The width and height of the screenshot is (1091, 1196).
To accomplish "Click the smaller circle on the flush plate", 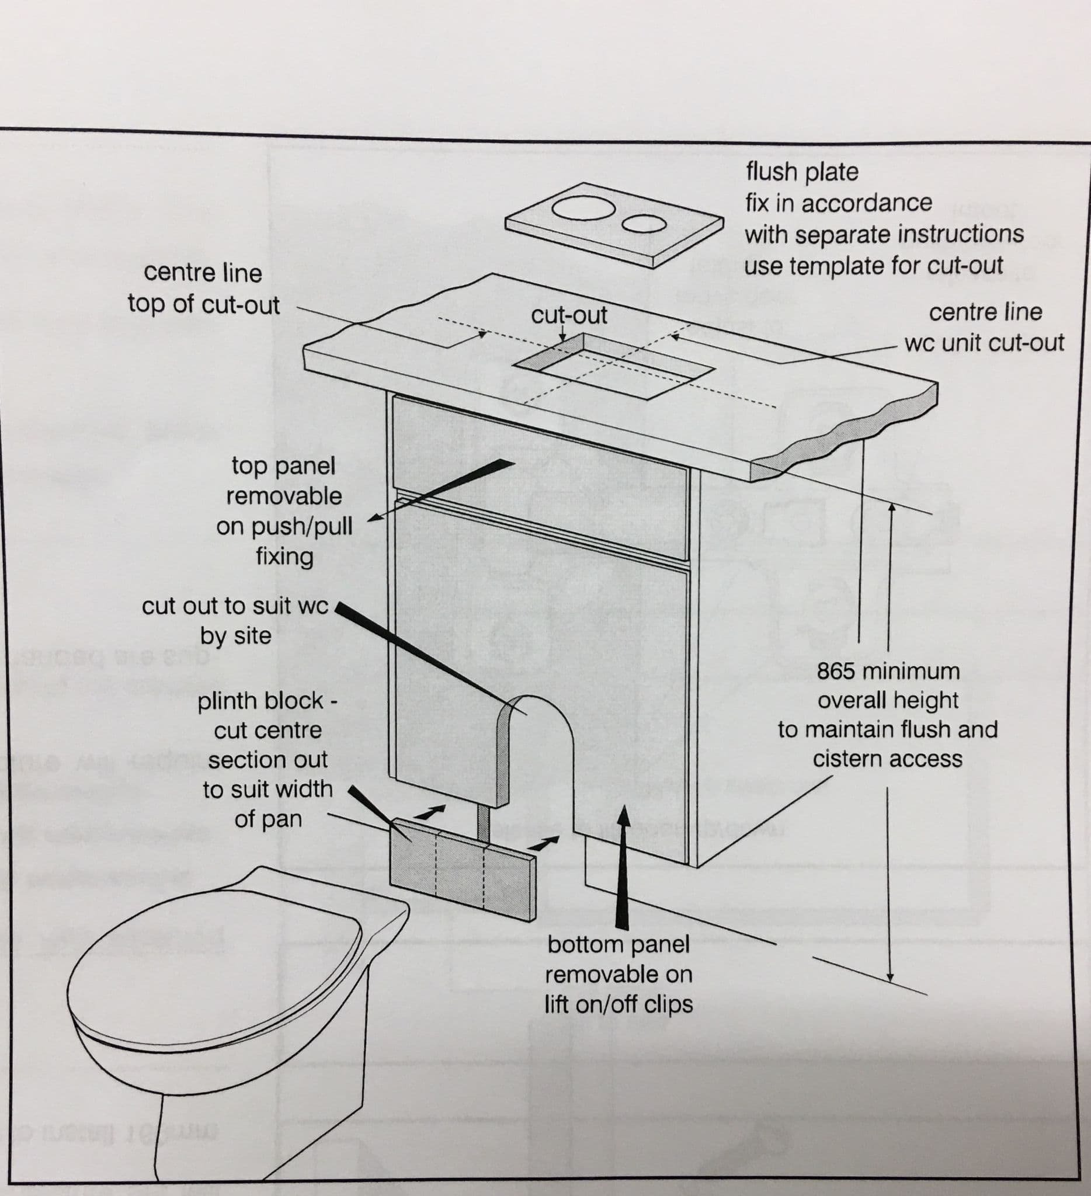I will (644, 224).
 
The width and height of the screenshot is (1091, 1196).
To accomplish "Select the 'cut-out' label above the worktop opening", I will (569, 315).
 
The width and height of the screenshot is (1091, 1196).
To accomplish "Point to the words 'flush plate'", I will (801, 172).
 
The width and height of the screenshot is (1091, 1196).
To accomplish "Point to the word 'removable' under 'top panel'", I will (284, 496).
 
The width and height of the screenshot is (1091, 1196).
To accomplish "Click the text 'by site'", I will (235, 636).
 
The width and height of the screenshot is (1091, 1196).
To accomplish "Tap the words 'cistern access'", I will (887, 759).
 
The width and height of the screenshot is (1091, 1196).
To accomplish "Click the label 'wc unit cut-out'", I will (984, 343).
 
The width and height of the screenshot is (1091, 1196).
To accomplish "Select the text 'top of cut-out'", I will (203, 304).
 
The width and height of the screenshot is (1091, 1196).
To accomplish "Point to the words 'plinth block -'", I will (267, 701).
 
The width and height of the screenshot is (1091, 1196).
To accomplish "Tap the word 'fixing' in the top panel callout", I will (284, 557).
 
